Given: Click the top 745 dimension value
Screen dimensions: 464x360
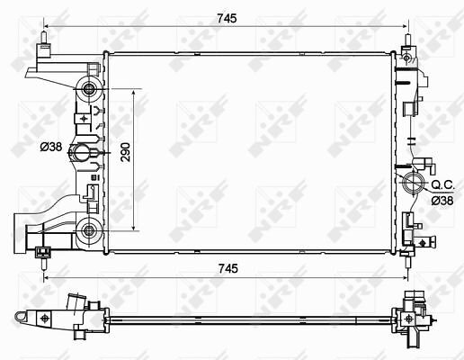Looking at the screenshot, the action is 227,19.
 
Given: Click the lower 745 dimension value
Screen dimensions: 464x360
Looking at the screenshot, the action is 228,268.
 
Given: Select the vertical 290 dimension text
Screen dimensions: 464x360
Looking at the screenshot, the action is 126,152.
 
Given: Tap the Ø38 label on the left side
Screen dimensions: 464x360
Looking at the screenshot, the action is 51,147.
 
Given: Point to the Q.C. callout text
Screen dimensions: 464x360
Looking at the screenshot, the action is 443,184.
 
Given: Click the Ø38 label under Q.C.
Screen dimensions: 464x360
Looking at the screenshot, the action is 442,201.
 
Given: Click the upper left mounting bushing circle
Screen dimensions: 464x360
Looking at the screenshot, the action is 88,88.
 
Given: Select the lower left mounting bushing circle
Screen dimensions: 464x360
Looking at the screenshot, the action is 88,230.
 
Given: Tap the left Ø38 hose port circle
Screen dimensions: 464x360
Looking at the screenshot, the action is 80,152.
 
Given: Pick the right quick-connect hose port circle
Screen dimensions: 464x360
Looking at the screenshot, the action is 415,183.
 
